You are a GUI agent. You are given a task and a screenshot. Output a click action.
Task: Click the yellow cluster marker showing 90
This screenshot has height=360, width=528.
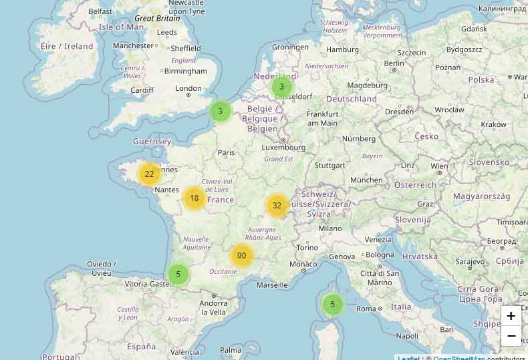[241, 256]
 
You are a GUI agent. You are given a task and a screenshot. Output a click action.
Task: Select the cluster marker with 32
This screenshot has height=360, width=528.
[277, 205]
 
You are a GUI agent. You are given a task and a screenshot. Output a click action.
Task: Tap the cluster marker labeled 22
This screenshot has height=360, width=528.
[149, 174]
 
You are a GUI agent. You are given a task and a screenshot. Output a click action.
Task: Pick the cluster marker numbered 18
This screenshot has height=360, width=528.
[194, 198]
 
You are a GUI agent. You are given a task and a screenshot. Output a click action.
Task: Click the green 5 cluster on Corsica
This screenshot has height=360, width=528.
[332, 305]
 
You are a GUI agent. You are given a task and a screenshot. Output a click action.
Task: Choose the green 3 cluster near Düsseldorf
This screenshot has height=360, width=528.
[281, 87]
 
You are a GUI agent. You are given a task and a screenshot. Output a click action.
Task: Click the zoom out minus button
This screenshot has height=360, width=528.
[511, 335]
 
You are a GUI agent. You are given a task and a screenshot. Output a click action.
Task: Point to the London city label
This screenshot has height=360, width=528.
[188, 88]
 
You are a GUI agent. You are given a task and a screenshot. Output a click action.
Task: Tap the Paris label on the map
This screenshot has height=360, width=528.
[227, 152]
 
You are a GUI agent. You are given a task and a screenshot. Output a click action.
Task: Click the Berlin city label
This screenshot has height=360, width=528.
[395, 63]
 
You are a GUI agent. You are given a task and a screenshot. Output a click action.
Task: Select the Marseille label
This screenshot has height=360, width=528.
[271, 285]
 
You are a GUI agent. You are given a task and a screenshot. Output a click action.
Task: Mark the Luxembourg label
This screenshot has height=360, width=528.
[283, 147]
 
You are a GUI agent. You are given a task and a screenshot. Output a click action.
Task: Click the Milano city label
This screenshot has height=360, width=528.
[330, 228]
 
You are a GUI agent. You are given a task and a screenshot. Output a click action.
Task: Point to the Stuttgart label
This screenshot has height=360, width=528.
[329, 165]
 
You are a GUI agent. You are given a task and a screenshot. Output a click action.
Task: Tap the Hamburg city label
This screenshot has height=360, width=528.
[342, 49]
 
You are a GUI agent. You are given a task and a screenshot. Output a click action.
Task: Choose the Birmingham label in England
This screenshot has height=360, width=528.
[185, 71]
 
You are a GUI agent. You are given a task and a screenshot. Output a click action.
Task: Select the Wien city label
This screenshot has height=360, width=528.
[439, 166]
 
